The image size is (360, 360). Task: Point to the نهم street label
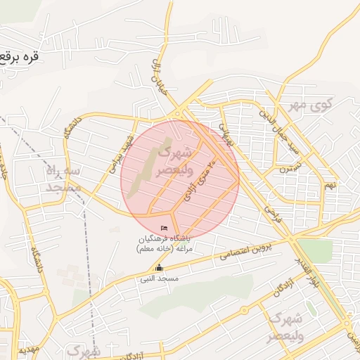[330, 184]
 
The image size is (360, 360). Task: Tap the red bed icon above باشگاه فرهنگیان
[165, 229]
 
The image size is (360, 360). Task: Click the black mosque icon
[159, 267]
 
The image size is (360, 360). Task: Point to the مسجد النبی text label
[159, 279]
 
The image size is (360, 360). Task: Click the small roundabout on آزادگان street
[243, 309]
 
